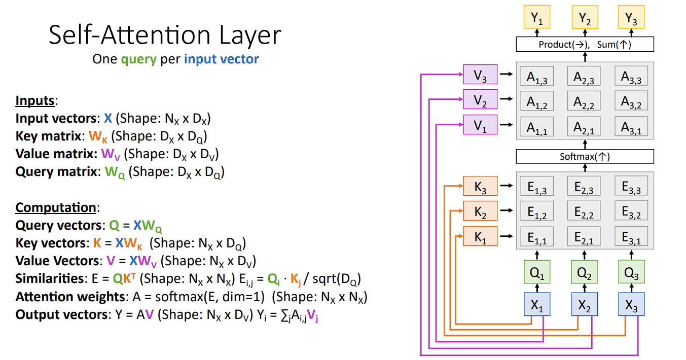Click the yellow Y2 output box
point(585,17)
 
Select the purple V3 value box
point(480,74)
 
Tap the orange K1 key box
point(480,236)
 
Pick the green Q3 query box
point(631,272)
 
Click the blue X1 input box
point(537,304)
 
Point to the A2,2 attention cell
point(584,101)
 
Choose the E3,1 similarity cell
point(631,236)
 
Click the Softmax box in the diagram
point(585,157)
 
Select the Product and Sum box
point(585,45)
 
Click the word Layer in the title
point(250,35)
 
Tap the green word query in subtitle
point(139,59)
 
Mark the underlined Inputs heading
point(35,100)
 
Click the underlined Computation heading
point(56,208)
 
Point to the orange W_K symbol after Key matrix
point(98,136)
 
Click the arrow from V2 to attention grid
point(506,99)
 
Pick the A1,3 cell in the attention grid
point(537,76)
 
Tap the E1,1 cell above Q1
point(537,236)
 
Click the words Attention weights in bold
point(70,297)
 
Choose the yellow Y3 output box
point(631,17)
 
